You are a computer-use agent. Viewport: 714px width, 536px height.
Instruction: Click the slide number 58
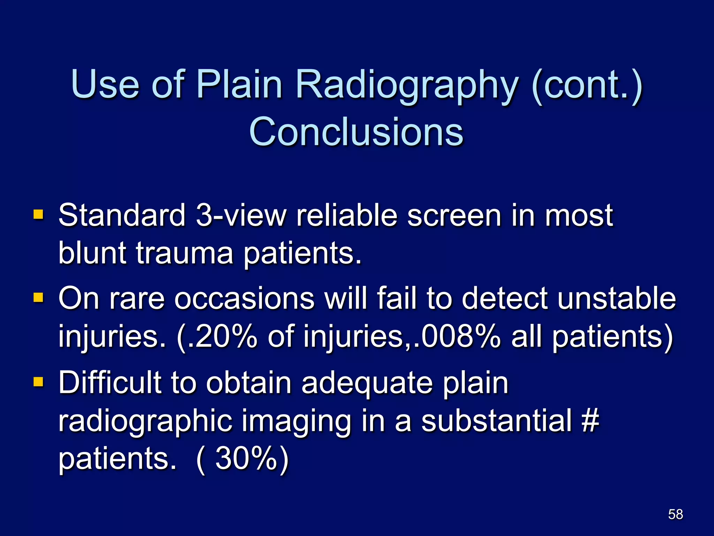675,514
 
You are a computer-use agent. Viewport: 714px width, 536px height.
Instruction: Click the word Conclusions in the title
356,132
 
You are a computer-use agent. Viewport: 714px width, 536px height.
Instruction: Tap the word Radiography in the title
407,84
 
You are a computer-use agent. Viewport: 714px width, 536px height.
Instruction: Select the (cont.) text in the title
587,84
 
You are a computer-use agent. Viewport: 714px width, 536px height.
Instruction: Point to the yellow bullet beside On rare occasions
38,298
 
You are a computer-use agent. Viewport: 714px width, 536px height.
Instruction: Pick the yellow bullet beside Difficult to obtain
38,381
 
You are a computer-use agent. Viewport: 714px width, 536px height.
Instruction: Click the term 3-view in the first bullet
241,215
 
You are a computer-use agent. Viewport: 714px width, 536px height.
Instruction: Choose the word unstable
616,298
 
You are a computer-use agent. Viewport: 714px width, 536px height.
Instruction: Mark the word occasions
244,298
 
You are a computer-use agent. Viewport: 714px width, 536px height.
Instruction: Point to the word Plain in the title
239,84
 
